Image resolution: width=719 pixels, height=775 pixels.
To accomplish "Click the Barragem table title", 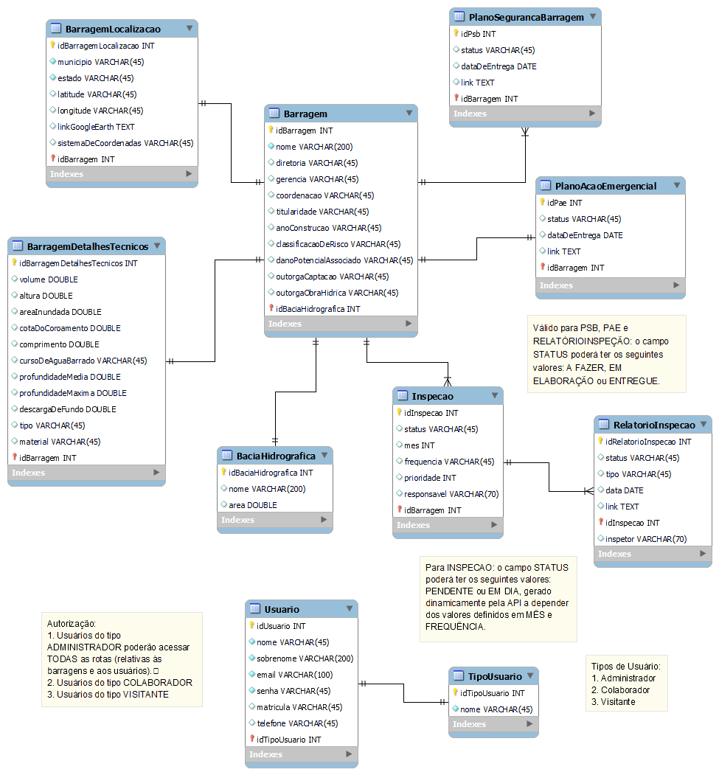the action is point(305,114).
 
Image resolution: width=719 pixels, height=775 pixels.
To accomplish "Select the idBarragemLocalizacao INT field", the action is point(105,46).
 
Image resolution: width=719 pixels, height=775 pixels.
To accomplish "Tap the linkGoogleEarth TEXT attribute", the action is point(96,127).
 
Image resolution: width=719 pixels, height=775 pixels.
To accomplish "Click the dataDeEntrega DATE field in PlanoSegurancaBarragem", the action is point(499,66).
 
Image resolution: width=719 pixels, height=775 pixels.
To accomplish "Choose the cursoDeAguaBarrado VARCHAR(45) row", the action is point(83,361).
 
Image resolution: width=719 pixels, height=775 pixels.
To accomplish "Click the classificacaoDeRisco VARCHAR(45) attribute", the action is point(338,244).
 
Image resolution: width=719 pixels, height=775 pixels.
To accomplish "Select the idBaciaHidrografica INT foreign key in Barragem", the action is point(318,309).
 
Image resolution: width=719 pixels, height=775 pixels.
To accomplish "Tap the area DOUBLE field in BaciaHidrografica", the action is point(252,505).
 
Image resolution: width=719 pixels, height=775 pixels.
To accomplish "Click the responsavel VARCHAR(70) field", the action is point(451,494).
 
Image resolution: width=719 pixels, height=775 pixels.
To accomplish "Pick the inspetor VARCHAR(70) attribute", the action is point(646,539).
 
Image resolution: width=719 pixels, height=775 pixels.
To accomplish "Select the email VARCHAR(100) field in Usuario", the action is point(294,675).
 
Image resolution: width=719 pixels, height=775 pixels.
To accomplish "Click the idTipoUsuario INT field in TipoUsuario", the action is point(492,693).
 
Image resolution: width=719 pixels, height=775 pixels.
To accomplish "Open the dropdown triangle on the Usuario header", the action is point(350,608).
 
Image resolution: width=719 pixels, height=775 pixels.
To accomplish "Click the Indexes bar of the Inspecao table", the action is point(448,525).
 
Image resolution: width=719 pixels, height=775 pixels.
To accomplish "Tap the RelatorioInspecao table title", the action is point(654,425).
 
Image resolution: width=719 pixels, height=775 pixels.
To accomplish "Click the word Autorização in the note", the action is point(71,624).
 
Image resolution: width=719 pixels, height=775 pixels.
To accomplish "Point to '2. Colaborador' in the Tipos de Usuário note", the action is point(620,690).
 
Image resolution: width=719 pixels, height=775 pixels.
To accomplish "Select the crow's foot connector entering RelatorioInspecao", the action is point(588,491).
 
